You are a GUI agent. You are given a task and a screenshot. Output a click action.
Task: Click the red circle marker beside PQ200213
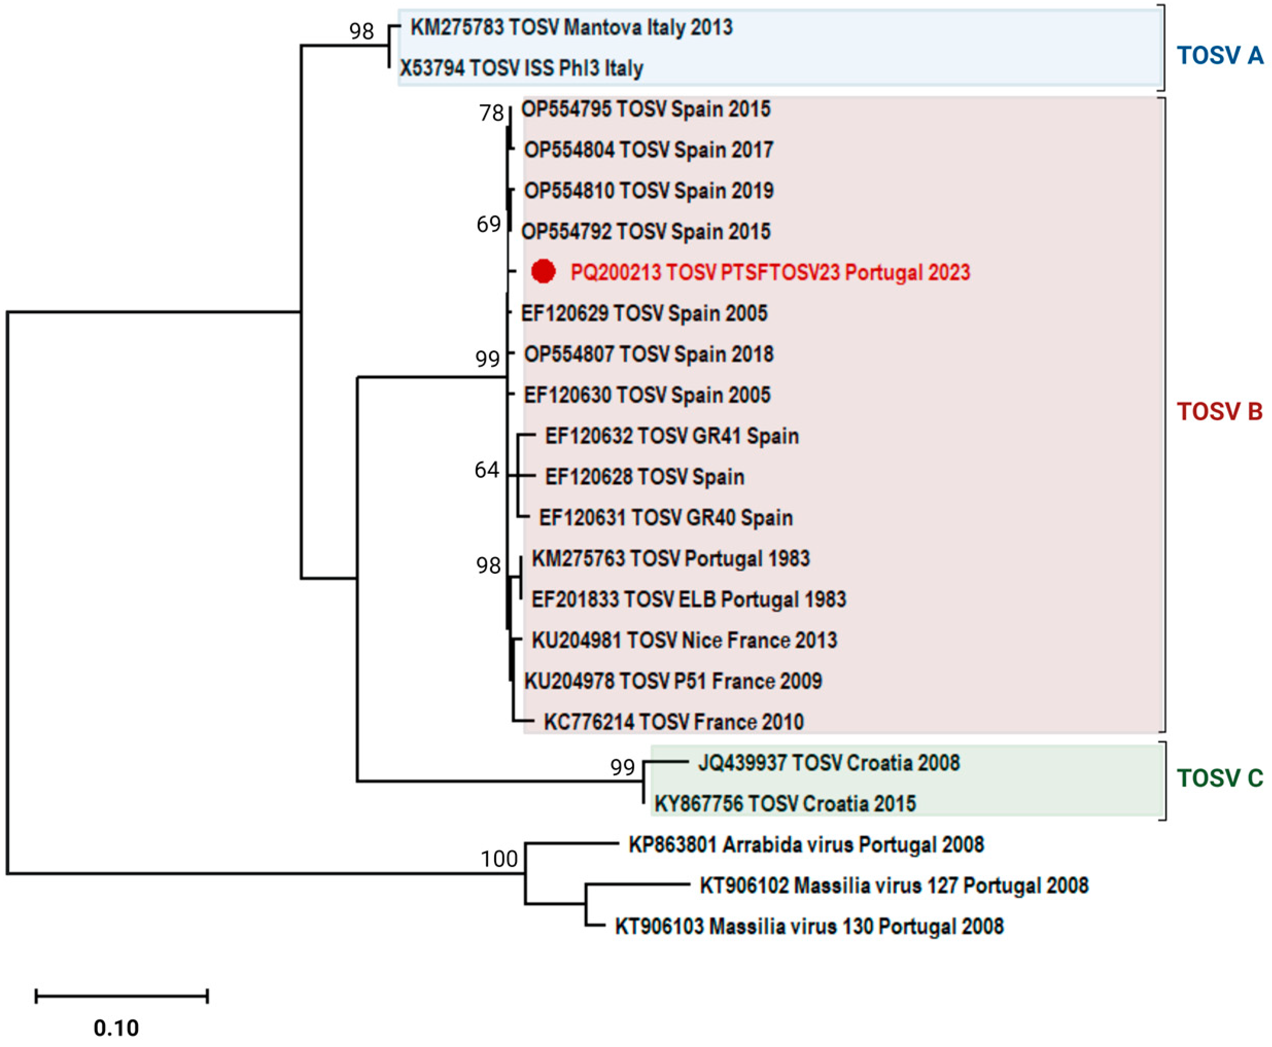(x=543, y=272)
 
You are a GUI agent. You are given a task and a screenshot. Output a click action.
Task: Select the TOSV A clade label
(x=1219, y=56)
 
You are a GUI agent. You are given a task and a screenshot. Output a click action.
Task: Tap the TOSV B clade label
(x=1219, y=412)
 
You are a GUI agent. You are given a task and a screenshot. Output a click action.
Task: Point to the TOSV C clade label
(x=1219, y=778)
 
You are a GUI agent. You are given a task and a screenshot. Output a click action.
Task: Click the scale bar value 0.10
(x=116, y=1027)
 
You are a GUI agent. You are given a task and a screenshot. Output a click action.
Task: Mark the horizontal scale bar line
(x=121, y=996)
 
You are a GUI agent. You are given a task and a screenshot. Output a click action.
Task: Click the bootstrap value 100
(x=499, y=858)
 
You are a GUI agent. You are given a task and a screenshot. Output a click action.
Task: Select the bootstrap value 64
(x=486, y=470)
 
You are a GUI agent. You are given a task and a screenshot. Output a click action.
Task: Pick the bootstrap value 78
(x=491, y=113)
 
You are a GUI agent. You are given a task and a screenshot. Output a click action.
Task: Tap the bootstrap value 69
(x=488, y=224)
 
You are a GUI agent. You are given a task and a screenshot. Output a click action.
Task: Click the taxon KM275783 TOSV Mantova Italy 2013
(x=571, y=27)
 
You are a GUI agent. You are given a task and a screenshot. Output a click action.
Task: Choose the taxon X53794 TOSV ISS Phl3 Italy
(x=521, y=68)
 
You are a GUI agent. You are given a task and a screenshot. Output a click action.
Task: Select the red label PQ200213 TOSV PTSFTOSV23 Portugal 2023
(x=770, y=273)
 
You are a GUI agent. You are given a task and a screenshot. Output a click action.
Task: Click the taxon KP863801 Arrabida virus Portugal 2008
(x=806, y=844)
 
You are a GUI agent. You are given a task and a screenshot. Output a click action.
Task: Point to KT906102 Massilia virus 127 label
(x=894, y=885)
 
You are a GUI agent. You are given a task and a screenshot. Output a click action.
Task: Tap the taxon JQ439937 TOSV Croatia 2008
(x=828, y=763)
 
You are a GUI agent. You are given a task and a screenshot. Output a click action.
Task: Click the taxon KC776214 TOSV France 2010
(x=673, y=722)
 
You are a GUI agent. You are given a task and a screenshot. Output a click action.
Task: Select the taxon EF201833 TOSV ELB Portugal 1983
(x=688, y=599)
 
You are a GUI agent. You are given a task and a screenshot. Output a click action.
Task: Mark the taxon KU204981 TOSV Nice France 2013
(x=684, y=640)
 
